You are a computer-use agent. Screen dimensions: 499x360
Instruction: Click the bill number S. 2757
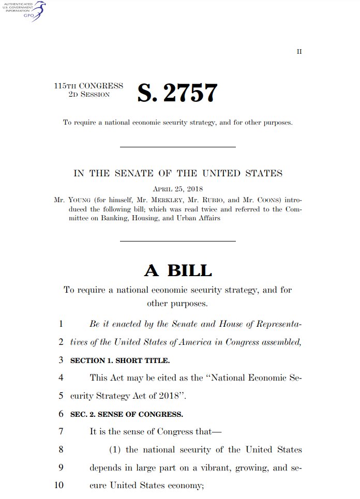(177, 93)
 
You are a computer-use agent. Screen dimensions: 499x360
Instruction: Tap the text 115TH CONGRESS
(88, 86)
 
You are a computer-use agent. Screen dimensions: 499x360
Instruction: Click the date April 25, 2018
(177, 189)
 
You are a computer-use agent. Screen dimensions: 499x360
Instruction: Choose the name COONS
(259, 200)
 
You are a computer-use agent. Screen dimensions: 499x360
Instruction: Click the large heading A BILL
(177, 270)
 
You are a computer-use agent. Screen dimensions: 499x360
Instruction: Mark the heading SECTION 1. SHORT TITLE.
(119, 360)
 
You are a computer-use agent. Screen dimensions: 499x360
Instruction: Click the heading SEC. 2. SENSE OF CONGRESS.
(126, 414)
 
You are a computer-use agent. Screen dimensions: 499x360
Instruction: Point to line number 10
(58, 486)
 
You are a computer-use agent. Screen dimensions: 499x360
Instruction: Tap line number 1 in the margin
(61, 324)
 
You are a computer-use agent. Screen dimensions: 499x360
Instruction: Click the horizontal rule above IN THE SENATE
(177, 147)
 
